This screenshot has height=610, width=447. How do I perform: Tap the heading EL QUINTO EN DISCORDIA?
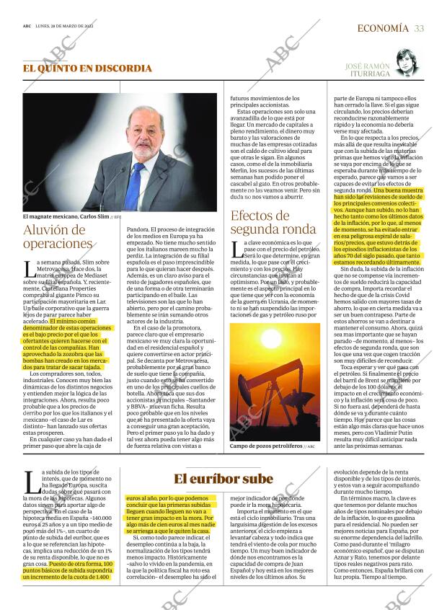coord(87,68)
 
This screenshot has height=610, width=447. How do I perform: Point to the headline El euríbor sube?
coord(223,479)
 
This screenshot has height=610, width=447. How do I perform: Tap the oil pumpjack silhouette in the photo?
coord(288,393)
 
